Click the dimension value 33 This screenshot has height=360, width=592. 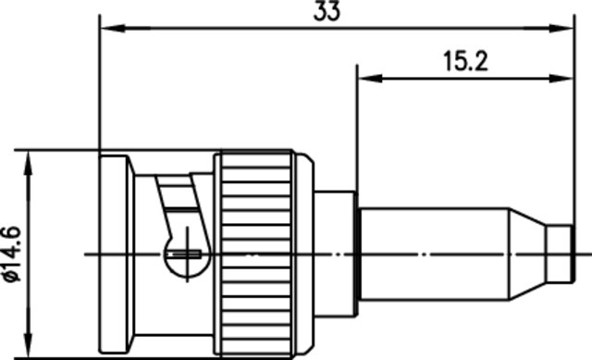point(327,10)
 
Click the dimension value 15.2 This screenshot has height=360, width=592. point(465,61)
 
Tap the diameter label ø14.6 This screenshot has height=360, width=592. point(11,254)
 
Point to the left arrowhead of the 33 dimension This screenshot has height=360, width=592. point(114,28)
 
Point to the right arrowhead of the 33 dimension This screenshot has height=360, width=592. point(561,28)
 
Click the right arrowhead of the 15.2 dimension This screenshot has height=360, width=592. point(561,79)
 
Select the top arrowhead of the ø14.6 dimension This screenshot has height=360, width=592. point(29,164)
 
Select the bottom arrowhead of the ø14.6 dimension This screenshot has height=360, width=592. point(29,344)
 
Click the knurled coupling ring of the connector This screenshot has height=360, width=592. point(256,253)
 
